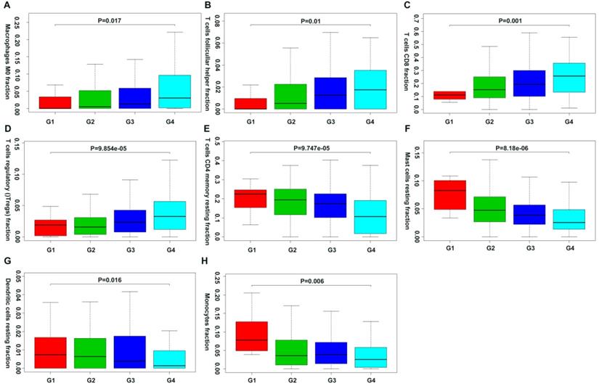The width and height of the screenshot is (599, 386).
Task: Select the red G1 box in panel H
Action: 250,336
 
